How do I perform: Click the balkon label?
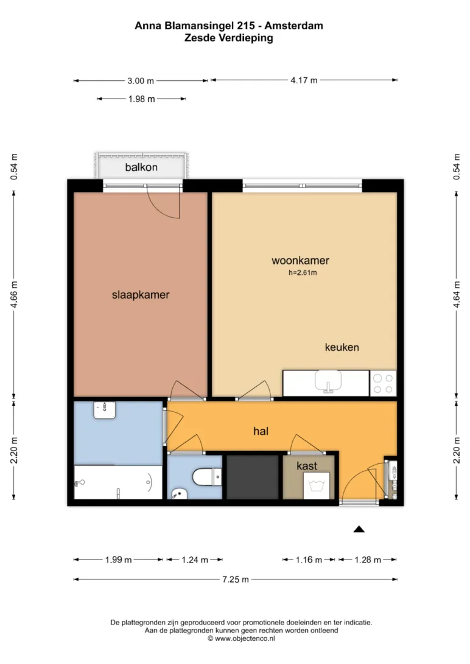(141, 167)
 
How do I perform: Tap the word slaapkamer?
(141, 295)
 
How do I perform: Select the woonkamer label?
(301, 260)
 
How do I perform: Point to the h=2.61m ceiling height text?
(303, 272)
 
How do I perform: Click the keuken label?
(342, 347)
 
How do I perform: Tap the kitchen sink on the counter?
(328, 381)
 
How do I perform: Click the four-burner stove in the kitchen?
(383, 384)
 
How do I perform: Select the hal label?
(261, 431)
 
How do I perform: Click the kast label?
(307, 466)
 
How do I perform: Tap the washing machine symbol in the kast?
(317, 485)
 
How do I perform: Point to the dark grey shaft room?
(253, 477)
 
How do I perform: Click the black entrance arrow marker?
(359, 529)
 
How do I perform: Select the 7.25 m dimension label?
(236, 579)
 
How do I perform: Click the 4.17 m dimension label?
(304, 80)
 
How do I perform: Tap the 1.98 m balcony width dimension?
(142, 99)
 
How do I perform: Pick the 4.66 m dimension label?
(15, 295)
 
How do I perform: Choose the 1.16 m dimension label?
(309, 560)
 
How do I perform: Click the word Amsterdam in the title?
(293, 26)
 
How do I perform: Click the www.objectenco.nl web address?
(241, 638)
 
